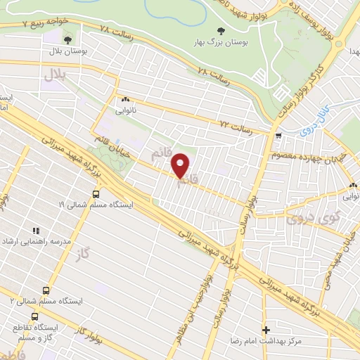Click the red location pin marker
(181, 165)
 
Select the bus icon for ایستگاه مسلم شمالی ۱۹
(96, 195)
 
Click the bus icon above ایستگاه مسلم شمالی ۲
(46, 290)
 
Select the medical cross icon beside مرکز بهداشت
(266, 329)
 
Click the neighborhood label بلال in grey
(56, 76)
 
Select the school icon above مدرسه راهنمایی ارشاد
(34, 230)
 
